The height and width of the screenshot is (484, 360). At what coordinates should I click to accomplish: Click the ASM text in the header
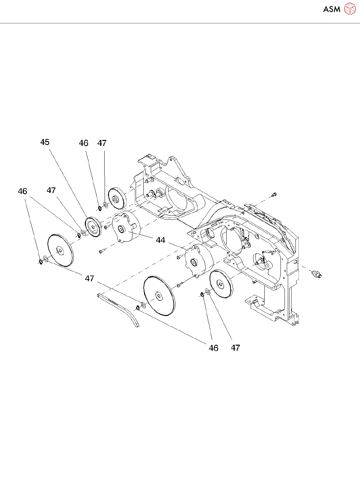tap(332, 9)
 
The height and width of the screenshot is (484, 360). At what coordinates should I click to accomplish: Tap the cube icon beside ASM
tap(350, 9)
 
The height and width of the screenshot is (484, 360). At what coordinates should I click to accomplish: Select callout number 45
tap(45, 142)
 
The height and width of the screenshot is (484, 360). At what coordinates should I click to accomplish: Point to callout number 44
tap(160, 240)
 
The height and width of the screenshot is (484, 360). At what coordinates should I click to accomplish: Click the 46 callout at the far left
tap(22, 191)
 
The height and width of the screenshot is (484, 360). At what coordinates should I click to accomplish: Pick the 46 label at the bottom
tap(214, 348)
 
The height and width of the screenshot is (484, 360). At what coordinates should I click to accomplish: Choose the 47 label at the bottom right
tap(235, 348)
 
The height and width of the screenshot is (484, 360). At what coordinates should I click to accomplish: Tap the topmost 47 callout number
tap(102, 143)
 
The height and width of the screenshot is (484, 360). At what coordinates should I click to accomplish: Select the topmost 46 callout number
tap(84, 143)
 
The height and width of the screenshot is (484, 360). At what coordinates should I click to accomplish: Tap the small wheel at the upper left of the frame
tap(116, 200)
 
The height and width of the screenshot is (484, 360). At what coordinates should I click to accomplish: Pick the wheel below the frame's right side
tap(221, 284)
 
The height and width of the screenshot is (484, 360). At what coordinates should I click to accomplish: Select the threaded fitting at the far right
tap(316, 274)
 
